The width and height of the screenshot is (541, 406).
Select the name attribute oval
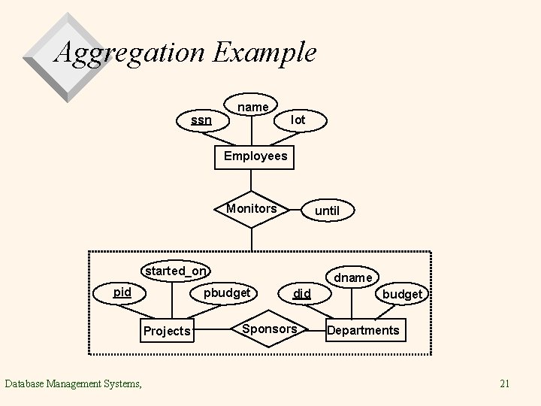(252, 108)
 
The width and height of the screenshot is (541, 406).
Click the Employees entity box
(255, 156)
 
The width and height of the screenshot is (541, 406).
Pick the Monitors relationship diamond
(252, 209)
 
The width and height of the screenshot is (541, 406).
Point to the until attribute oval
(327, 211)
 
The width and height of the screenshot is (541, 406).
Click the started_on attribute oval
(177, 271)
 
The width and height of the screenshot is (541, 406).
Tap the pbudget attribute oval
(227, 292)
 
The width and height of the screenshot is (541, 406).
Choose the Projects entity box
(167, 331)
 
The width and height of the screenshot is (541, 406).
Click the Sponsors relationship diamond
(270, 329)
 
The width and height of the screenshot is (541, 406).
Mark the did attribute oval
(302, 293)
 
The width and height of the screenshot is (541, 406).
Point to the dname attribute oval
(353, 277)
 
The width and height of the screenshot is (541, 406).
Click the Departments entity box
(364, 330)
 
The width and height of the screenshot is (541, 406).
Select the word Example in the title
(264, 53)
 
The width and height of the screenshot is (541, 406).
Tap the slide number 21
(505, 384)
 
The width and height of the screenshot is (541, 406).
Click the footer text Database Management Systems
(73, 384)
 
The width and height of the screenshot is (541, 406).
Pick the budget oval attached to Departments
(402, 294)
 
